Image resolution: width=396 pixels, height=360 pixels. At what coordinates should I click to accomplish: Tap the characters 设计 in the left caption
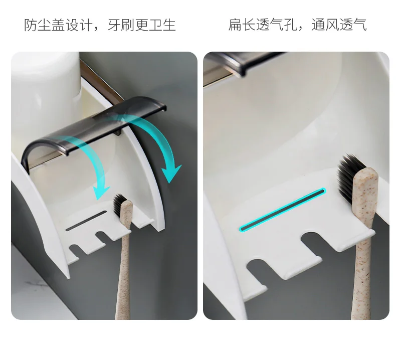coord(75,25)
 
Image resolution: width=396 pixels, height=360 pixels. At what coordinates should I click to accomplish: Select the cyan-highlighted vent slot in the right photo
coord(283,210)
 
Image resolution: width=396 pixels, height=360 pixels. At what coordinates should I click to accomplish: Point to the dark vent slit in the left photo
coord(86,221)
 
